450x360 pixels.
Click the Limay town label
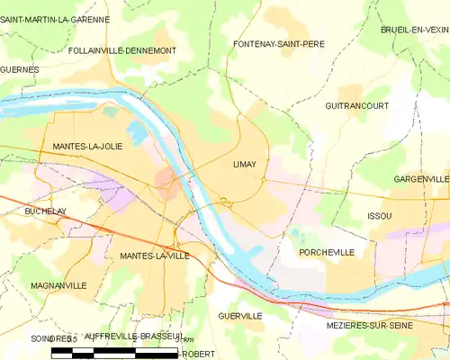pos(245,165)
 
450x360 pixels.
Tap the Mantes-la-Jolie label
pos(87,146)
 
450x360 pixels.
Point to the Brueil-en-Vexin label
pos(415,30)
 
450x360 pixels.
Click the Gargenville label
pos(421,180)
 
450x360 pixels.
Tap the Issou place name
pos(380,217)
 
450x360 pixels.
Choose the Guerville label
pos(240,316)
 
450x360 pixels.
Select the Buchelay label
pos(47,211)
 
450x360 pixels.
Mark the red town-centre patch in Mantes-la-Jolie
pos(167,180)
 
